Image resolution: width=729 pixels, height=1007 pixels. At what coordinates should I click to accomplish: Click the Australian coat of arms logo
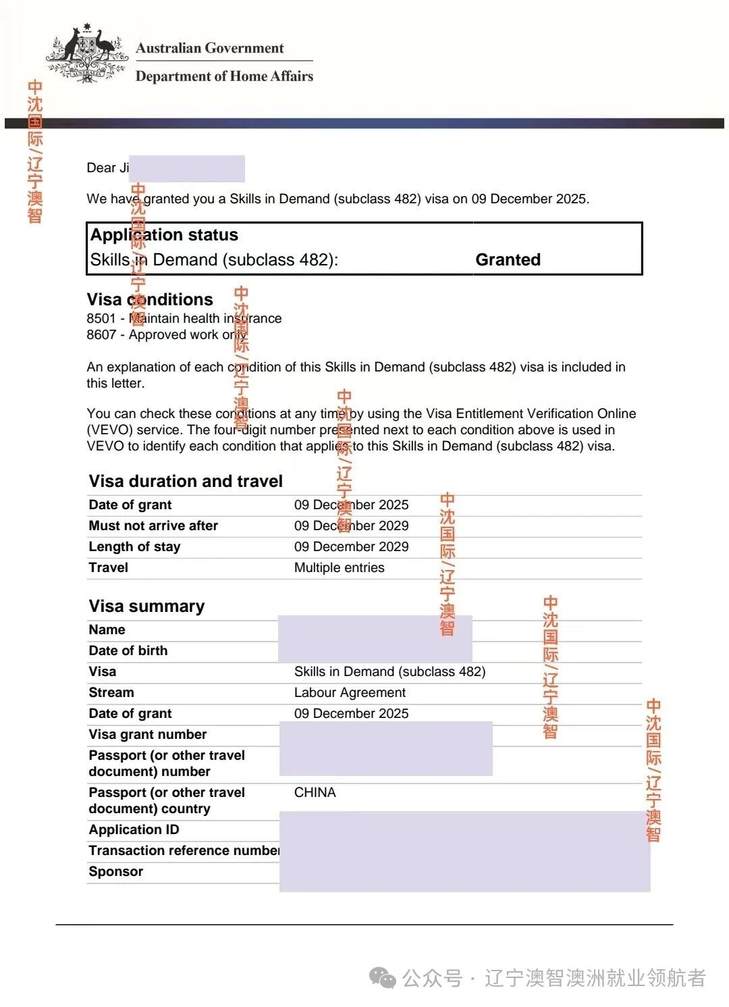(86, 53)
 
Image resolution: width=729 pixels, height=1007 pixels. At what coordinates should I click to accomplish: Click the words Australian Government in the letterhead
(209, 48)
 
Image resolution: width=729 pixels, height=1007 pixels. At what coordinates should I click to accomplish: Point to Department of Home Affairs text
(224, 76)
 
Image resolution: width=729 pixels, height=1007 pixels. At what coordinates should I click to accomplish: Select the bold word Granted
(508, 260)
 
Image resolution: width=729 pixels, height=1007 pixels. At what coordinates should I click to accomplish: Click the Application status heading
(164, 235)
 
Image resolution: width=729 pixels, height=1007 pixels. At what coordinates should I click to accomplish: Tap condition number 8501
(101, 318)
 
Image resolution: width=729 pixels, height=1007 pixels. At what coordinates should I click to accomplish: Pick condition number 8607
(101, 334)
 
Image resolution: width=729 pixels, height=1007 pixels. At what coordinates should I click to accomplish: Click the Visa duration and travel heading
(186, 481)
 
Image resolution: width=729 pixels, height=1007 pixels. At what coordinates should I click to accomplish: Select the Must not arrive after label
(153, 525)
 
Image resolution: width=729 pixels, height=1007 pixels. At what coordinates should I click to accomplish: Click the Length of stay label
(134, 546)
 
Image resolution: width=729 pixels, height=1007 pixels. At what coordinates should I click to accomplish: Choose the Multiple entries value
(339, 567)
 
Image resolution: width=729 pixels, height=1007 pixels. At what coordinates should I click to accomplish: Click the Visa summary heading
(146, 606)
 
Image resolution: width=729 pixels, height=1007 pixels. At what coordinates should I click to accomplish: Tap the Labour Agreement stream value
(350, 692)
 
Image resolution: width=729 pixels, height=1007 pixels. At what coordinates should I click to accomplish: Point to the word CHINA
(315, 792)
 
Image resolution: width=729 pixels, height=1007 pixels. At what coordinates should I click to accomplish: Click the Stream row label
(111, 692)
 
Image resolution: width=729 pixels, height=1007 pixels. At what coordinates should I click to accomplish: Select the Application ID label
(134, 829)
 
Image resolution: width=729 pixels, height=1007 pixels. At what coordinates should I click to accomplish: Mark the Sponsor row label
(115, 871)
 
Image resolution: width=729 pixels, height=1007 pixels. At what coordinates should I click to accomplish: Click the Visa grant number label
(147, 734)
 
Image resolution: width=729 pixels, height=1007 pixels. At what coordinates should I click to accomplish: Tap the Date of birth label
(128, 650)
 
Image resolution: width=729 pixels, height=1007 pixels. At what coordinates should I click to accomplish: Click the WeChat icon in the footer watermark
(383, 977)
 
